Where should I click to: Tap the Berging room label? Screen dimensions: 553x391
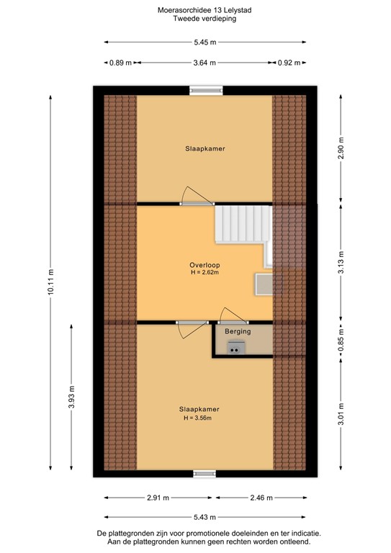coord(237,332)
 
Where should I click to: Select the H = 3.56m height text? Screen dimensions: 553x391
coord(199,418)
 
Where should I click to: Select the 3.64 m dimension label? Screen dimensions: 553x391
coord(205,63)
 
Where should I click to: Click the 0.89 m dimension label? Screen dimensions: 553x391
coord(119,63)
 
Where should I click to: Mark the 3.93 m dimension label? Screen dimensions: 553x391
coord(71,401)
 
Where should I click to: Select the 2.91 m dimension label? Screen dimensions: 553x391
coord(157,498)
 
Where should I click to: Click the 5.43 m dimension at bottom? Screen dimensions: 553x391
coord(205,517)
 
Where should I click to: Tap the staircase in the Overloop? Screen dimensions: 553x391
coord(244,225)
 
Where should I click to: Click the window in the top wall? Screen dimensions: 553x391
coord(205,90)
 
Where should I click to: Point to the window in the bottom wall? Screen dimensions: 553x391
coord(205,474)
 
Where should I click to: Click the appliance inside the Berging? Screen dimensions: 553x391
coord(235,348)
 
